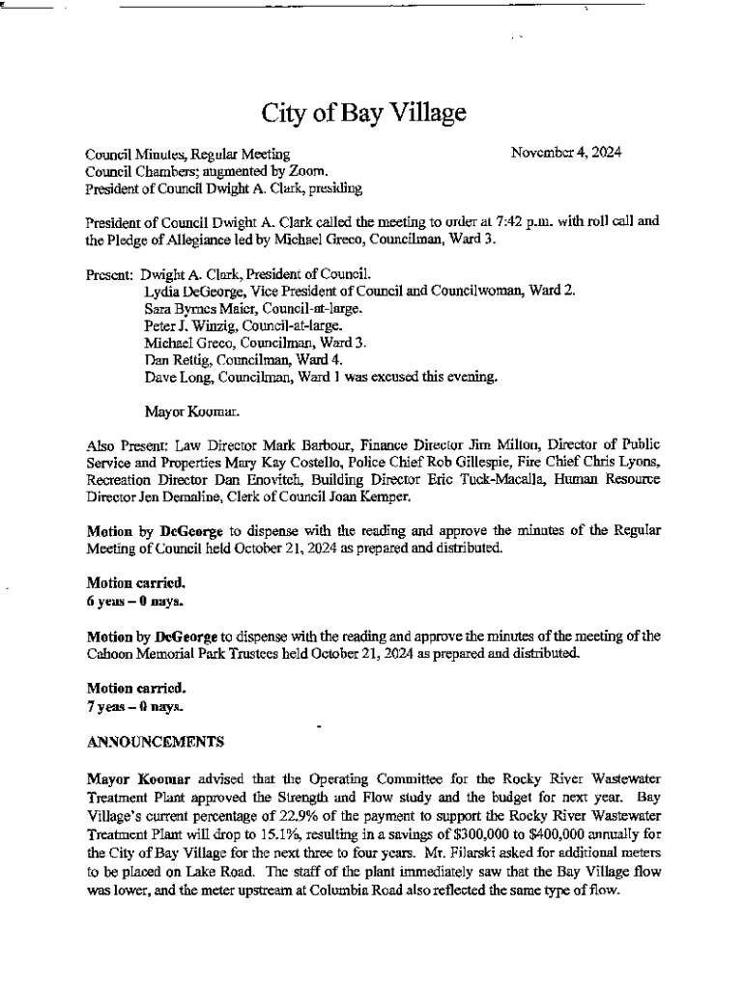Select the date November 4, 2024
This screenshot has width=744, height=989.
[x=566, y=153]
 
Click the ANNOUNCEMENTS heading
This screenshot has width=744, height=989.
[x=156, y=742]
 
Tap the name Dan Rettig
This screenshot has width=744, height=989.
[x=172, y=360]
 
